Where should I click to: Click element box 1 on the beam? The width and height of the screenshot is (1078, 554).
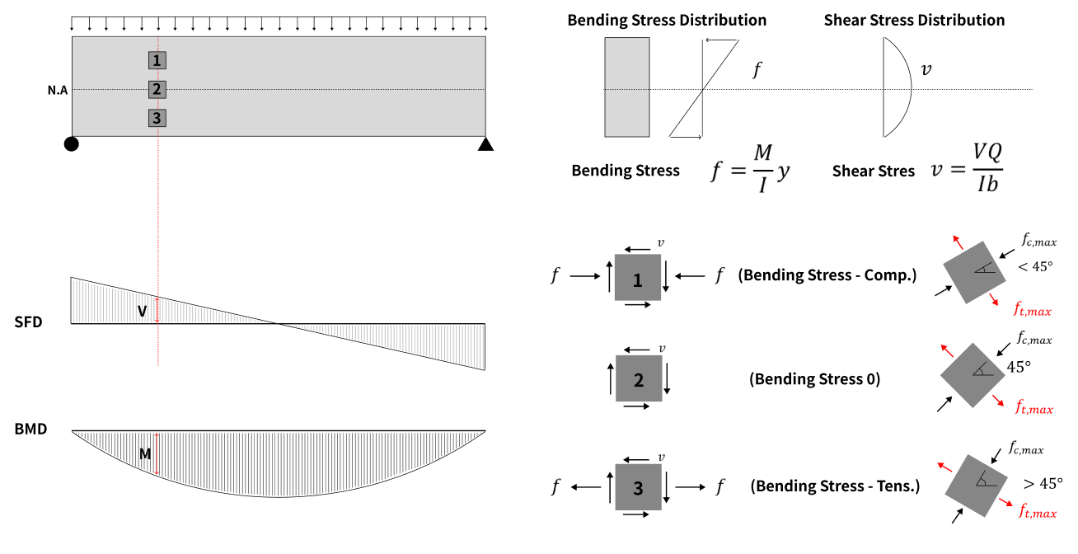tap(157, 60)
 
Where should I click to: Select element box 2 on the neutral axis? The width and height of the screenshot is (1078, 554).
tap(157, 89)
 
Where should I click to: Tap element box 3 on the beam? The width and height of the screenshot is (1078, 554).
tap(157, 118)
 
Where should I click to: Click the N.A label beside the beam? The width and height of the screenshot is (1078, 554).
tap(58, 90)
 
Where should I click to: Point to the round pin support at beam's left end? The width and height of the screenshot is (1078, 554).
tap(72, 144)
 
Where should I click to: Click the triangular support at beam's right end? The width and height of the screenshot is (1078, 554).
tap(485, 144)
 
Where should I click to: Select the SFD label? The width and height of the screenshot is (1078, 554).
tap(28, 322)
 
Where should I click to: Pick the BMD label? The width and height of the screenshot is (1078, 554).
tap(30, 430)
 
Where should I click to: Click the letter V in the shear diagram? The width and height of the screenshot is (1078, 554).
tap(142, 311)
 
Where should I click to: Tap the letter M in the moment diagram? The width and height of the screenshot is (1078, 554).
tap(144, 453)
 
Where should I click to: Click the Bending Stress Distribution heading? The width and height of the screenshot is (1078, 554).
tap(667, 20)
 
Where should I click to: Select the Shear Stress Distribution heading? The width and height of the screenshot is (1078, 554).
tap(914, 20)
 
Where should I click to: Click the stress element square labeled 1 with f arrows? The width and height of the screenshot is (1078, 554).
tap(637, 278)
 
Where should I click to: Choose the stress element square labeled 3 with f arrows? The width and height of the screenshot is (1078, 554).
tap(637, 487)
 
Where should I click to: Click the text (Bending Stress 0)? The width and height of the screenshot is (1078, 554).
tap(814, 379)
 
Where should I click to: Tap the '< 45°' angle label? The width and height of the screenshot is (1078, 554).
tap(1035, 266)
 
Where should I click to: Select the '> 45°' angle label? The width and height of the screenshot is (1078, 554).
tap(1043, 484)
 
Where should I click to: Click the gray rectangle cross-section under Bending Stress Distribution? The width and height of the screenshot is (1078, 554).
tap(626, 87)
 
